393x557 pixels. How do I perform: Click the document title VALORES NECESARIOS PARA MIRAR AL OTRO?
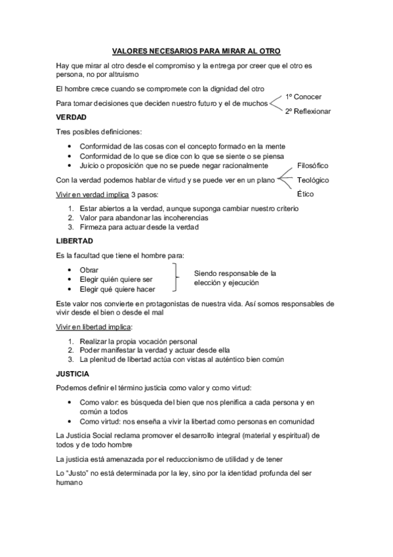pyautogui.click(x=196, y=51)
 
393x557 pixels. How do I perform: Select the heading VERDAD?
pyautogui.click(x=72, y=117)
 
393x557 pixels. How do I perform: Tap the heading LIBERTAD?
pyautogui.click(x=74, y=241)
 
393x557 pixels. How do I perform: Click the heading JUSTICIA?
pyautogui.click(x=73, y=374)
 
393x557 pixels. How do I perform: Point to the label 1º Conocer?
pyautogui.click(x=303, y=97)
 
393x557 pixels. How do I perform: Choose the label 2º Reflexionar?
pyautogui.click(x=308, y=112)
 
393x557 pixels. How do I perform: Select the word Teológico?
pyautogui.click(x=312, y=180)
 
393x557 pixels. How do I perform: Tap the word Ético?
pyautogui.click(x=305, y=194)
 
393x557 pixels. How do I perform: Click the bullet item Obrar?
pyautogui.click(x=89, y=270)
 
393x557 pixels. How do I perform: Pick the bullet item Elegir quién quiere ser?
pyautogui.click(x=116, y=279)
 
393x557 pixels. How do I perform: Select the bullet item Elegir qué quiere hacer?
pyautogui.click(x=117, y=289)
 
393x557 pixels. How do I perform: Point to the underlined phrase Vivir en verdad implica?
pyautogui.click(x=93, y=195)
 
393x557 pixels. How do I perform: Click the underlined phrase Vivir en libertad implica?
pyautogui.click(x=94, y=326)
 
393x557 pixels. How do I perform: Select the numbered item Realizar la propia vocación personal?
pyautogui.click(x=138, y=341)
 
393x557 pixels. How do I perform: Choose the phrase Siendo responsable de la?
pyautogui.click(x=235, y=273)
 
